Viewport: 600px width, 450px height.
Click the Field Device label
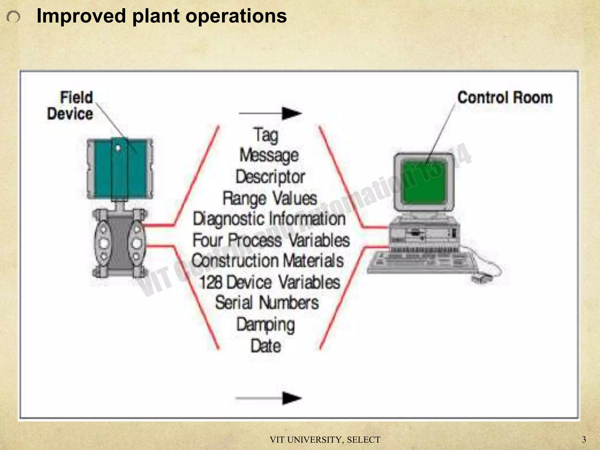tap(70, 105)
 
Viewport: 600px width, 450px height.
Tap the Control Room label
tap(505, 98)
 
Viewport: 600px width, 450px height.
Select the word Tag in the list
tap(266, 135)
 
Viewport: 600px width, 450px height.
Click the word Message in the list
tap(269, 155)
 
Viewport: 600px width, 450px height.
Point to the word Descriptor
tap(270, 177)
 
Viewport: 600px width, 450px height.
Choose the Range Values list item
tap(270, 198)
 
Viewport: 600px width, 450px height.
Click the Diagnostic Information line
tap(269, 219)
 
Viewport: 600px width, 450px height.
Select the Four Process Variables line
tap(271, 240)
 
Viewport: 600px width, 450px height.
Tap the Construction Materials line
tap(267, 261)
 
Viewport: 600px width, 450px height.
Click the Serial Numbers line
tap(267, 303)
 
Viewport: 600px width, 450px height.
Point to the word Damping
tap(266, 325)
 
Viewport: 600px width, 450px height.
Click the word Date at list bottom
tap(266, 346)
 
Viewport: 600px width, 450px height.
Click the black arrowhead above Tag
tap(291, 113)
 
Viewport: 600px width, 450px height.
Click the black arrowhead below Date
tap(291, 398)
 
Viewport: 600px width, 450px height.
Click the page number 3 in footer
tap(584, 439)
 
